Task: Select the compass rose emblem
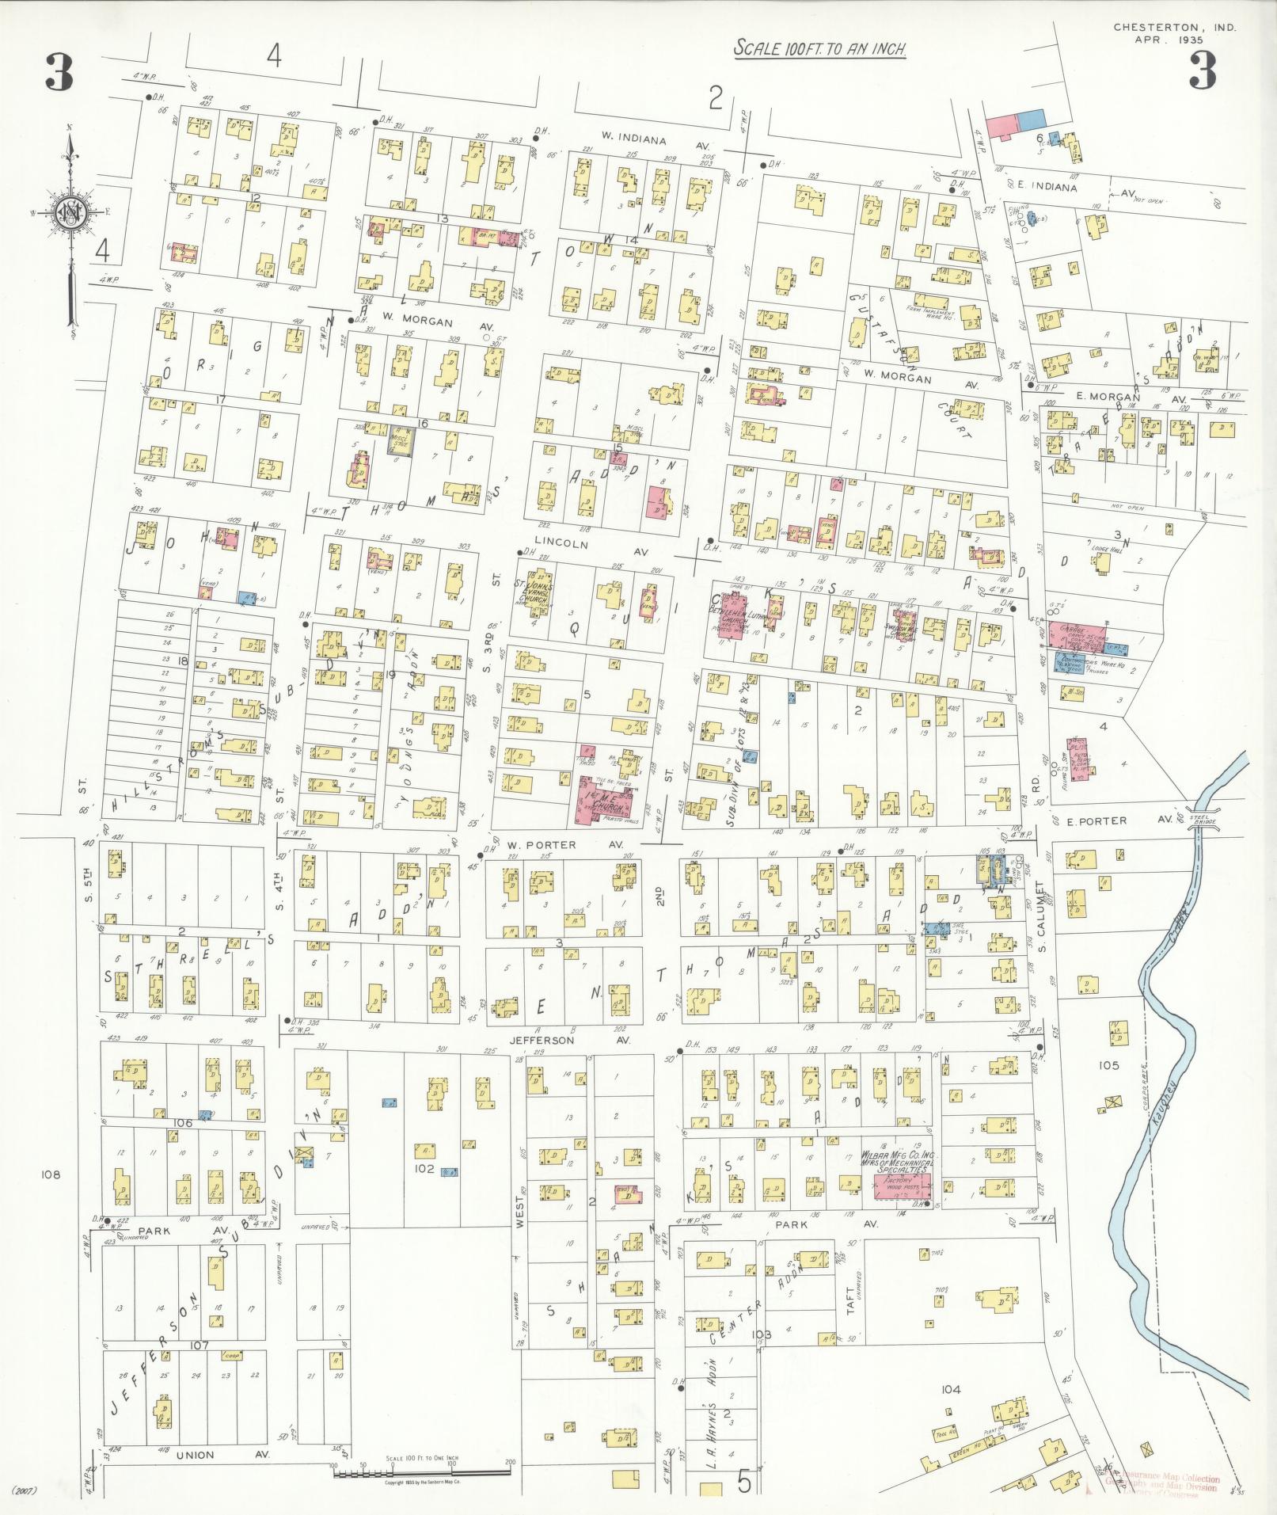pyautogui.click(x=70, y=211)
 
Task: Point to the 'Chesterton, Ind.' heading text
pyautogui.click(x=1174, y=27)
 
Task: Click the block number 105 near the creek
pyautogui.click(x=1108, y=1065)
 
